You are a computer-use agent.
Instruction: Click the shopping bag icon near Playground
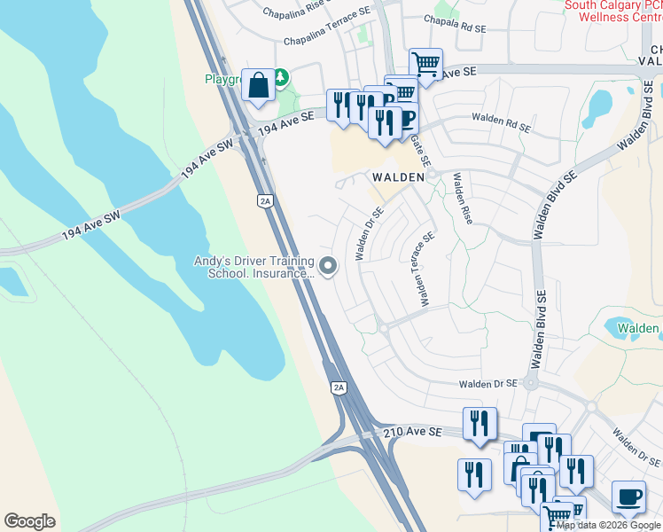pyautogui.click(x=258, y=86)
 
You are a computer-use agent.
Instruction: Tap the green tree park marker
pyautogui.click(x=281, y=78)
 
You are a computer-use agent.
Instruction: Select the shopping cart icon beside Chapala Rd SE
pyautogui.click(x=425, y=64)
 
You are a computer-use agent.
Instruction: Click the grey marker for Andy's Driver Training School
pyautogui.click(x=328, y=266)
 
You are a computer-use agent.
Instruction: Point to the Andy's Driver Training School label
pyautogui.click(x=255, y=267)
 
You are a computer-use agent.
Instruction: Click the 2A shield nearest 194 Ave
pyautogui.click(x=265, y=201)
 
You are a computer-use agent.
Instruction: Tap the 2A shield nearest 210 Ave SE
pyautogui.click(x=339, y=387)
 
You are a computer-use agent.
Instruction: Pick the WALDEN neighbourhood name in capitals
pyautogui.click(x=397, y=176)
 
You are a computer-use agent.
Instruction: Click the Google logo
pyautogui.click(x=29, y=521)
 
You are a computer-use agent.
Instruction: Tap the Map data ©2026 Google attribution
pyautogui.click(x=607, y=525)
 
